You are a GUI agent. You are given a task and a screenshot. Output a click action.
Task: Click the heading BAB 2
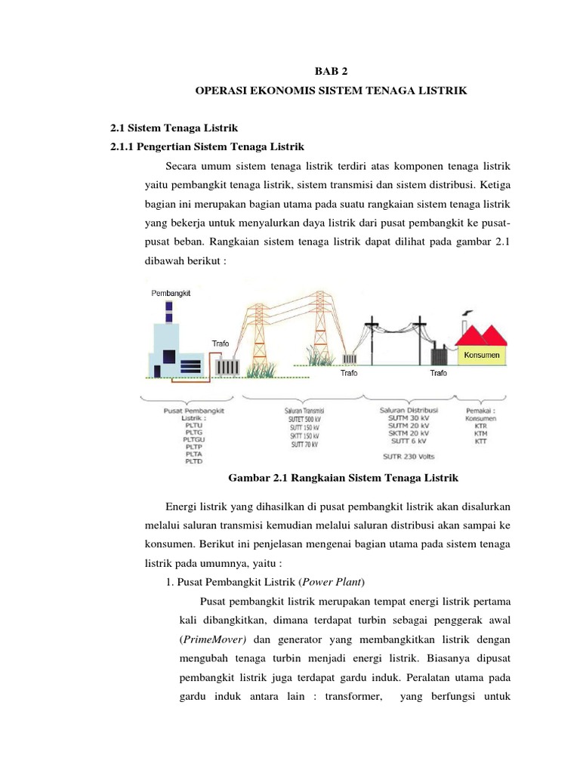click(x=330, y=72)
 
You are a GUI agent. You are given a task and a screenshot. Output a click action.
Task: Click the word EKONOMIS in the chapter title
click(x=288, y=91)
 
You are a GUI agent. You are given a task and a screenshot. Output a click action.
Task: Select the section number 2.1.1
click(x=125, y=146)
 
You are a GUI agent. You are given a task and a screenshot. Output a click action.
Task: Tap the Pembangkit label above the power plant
click(x=171, y=293)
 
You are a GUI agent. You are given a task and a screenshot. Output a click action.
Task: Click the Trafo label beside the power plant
click(x=220, y=343)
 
